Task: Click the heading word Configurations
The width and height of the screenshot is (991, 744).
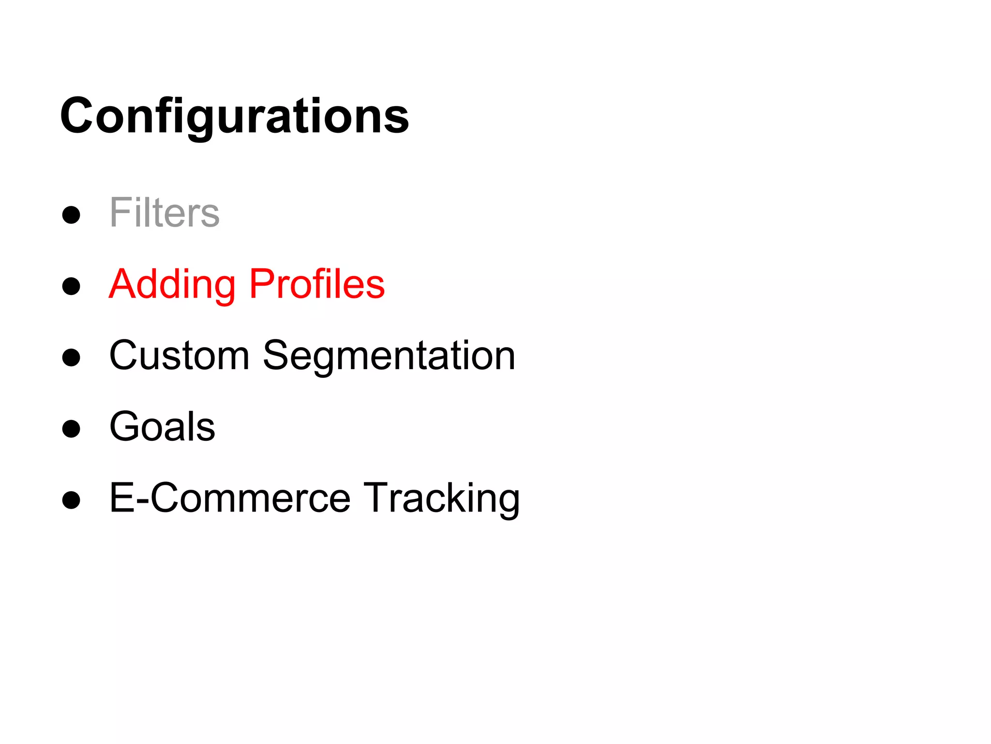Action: coord(234,116)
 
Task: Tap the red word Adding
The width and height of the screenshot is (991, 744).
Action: coord(172,285)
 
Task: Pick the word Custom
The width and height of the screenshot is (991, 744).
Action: coord(179,356)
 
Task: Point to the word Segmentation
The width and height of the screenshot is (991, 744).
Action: coord(389,356)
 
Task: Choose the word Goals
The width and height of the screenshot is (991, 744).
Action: coord(162,427)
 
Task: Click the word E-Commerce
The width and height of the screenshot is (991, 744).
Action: coord(230,498)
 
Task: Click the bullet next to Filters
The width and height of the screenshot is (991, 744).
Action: coord(71,215)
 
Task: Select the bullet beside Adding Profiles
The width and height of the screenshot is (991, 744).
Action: coord(71,286)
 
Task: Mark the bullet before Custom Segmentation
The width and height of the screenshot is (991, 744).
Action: coord(71,357)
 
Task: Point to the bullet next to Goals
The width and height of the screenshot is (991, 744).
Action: coord(71,429)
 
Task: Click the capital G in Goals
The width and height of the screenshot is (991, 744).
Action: coord(125,426)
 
